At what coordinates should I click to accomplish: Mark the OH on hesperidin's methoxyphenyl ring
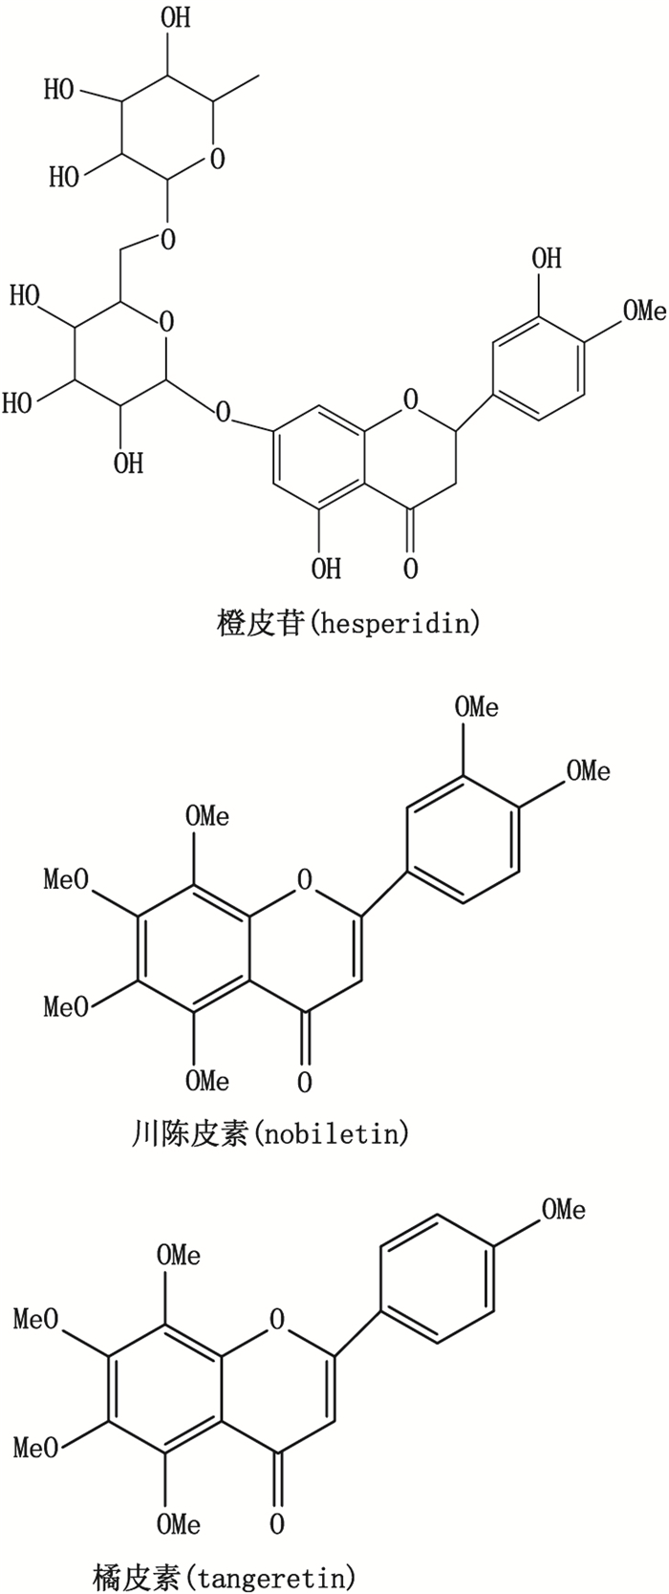547,258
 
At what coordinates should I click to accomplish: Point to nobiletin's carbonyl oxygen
304,1082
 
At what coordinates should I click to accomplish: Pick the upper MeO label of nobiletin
66,879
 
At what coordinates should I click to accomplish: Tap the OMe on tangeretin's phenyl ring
564,1210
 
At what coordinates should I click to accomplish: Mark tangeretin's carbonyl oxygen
276,1523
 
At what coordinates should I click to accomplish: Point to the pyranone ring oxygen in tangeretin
276,1321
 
